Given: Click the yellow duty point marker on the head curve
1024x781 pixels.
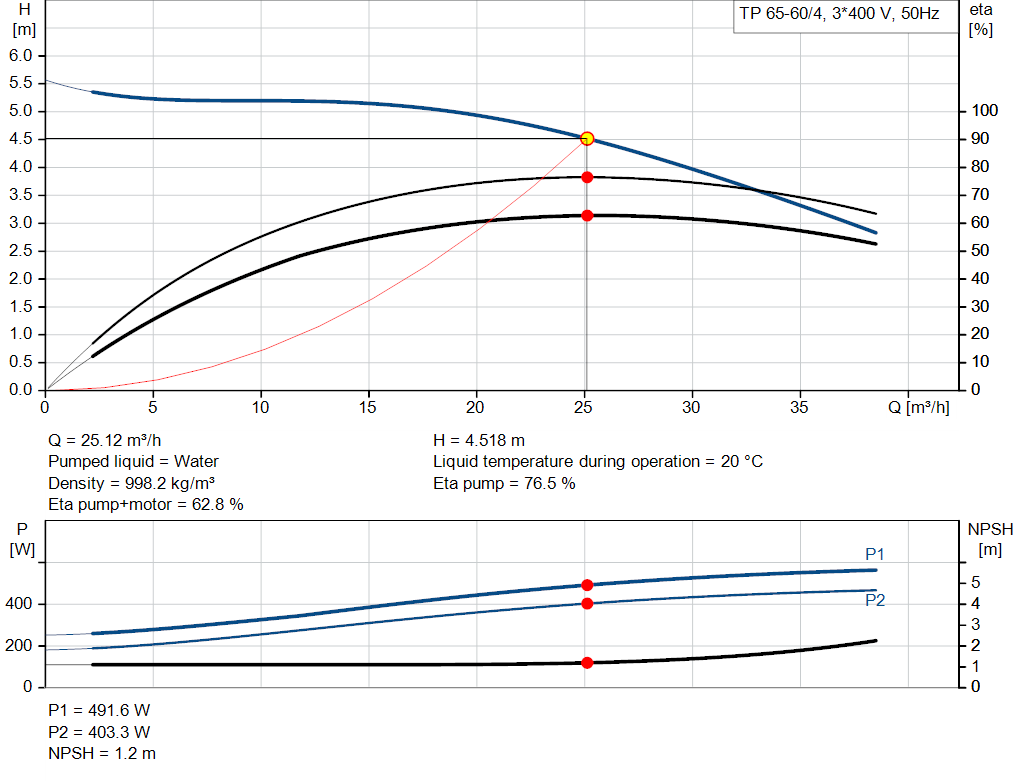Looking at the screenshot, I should pyautogui.click(x=587, y=138).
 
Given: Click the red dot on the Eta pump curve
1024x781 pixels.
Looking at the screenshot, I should pyautogui.click(x=587, y=177).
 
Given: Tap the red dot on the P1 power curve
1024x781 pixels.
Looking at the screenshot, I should pyautogui.click(x=587, y=585).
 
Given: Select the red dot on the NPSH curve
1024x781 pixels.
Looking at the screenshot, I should pyautogui.click(x=587, y=663).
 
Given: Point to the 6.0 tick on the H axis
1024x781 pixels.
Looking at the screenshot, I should pyautogui.click(x=21, y=55).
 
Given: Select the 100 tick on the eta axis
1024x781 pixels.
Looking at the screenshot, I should pyautogui.click(x=985, y=111).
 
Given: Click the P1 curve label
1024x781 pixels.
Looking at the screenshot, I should pyautogui.click(x=875, y=554).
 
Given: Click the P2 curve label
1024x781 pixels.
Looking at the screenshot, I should pyautogui.click(x=875, y=601).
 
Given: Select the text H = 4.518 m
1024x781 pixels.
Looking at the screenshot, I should pyautogui.click(x=479, y=440).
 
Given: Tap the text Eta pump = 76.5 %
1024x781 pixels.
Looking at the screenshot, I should pyautogui.click(x=504, y=483).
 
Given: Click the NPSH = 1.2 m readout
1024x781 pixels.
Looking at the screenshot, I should pyautogui.click(x=102, y=753).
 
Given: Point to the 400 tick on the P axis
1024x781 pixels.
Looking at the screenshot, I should pyautogui.click(x=21, y=604).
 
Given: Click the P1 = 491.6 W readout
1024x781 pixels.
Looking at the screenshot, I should pyautogui.click(x=100, y=710).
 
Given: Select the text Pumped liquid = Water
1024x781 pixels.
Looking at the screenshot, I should pyautogui.click(x=133, y=461).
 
